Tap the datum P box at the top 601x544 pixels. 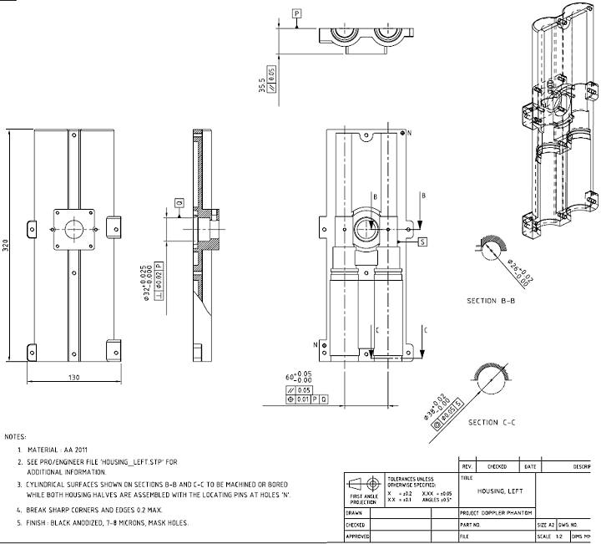(x=296, y=13)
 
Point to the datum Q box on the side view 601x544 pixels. (x=179, y=203)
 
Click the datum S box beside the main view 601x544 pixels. (x=423, y=241)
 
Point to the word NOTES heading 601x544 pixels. (x=15, y=437)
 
